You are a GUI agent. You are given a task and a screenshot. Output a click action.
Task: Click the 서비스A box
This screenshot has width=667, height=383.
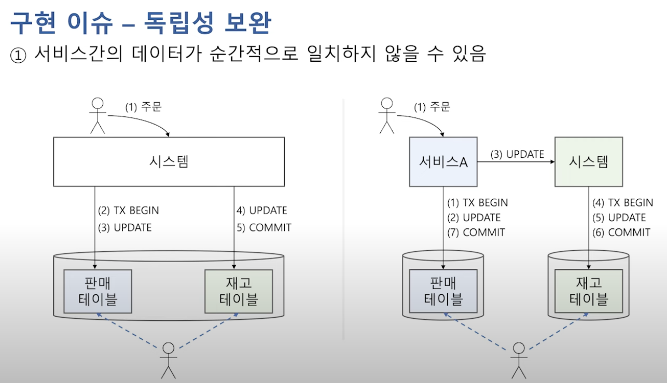tap(443, 162)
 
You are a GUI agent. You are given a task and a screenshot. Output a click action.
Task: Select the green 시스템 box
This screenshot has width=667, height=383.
tap(588, 162)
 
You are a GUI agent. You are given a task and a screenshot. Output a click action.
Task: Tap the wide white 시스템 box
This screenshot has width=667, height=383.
tap(169, 161)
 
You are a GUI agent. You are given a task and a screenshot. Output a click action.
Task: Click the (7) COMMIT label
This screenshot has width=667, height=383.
tap(477, 232)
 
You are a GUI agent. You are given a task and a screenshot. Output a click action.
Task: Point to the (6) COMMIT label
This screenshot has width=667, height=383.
tap(622, 232)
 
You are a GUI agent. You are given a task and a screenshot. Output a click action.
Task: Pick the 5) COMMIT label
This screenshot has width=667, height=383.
tap(263, 227)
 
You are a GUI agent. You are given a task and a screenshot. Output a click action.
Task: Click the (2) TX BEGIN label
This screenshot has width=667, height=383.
tap(129, 211)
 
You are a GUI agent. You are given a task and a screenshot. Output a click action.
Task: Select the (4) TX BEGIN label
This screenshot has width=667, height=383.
tap(623, 202)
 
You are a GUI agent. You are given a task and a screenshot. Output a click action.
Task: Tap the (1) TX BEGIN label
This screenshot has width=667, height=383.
tap(478, 202)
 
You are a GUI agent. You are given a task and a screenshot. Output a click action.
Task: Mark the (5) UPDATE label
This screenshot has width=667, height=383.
tap(619, 217)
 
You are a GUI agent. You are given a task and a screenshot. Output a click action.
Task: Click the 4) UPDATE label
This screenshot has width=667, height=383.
tap(261, 211)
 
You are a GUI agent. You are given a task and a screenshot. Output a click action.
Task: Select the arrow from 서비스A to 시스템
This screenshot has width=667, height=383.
tap(516, 162)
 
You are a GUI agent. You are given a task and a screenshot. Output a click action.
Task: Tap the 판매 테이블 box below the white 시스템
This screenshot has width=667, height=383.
tap(98, 291)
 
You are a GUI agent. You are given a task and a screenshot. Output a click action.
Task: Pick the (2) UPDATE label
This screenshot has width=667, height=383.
tap(474, 217)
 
